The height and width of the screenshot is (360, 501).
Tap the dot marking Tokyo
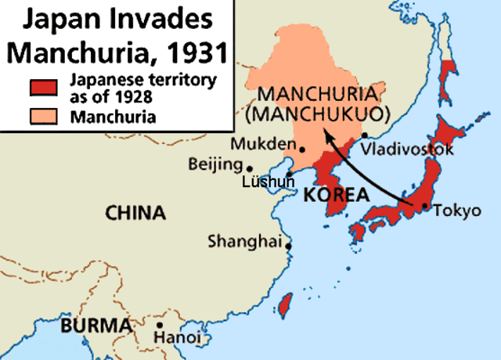point(425,207)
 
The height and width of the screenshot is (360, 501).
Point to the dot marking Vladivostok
point(365,135)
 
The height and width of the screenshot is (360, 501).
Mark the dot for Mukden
point(302,146)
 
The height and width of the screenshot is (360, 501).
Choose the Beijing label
point(215,164)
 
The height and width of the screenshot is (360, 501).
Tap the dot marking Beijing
point(250,168)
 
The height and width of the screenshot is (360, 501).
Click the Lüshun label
point(269,182)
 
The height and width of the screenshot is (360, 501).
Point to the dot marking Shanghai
point(289,246)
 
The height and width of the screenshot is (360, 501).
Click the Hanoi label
point(178,338)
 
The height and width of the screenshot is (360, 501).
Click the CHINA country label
point(135,212)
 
